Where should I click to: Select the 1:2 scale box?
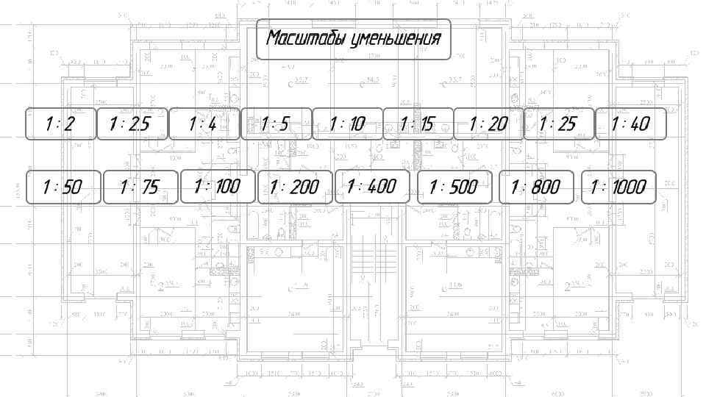click(x=61, y=124)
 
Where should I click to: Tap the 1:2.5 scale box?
click(x=131, y=124)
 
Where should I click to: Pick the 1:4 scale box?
click(x=204, y=124)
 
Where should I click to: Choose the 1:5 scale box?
click(x=275, y=124)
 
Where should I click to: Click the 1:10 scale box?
click(x=347, y=124)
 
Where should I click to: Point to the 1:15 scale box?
click(x=417, y=124)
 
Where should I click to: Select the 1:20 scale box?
click(x=488, y=124)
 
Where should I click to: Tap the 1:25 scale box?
click(x=558, y=124)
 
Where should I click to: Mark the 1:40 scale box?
click(x=630, y=124)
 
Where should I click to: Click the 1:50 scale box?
click(x=63, y=187)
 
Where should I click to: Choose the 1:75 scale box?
click(x=140, y=187)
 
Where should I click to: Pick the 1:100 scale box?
click(x=218, y=187)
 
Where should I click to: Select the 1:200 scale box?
click(x=295, y=187)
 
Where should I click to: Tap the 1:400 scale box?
click(x=372, y=187)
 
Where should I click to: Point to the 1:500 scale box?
click(x=454, y=187)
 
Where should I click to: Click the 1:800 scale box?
click(x=537, y=187)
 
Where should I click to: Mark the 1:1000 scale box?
click(x=618, y=187)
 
